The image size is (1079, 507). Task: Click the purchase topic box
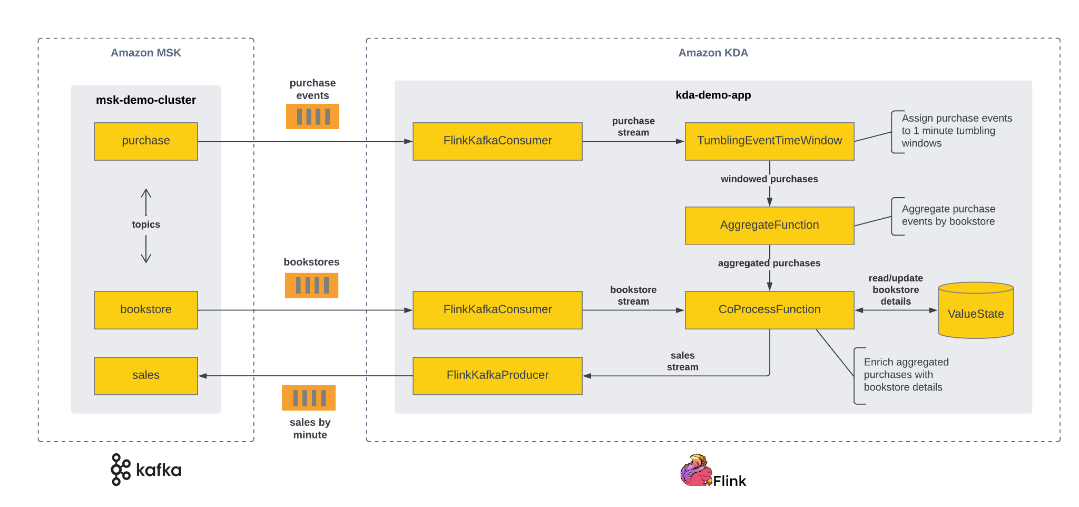click(146, 141)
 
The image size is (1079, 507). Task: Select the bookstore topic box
click(146, 309)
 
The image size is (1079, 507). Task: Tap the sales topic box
click(146, 375)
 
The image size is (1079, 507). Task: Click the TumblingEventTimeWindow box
click(769, 141)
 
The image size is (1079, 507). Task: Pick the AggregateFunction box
click(769, 225)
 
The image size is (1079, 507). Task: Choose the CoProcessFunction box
click(769, 309)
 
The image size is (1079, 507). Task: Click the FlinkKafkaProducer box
click(497, 375)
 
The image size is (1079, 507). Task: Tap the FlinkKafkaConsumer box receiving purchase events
click(497, 141)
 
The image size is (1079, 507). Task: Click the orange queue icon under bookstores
click(311, 285)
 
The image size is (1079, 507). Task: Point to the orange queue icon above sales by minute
click(309, 398)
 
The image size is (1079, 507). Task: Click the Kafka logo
click(146, 470)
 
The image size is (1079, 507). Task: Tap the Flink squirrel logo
click(697, 470)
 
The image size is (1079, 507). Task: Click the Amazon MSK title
click(146, 53)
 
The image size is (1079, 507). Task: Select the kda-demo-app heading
click(713, 95)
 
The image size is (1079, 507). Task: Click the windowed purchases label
click(769, 179)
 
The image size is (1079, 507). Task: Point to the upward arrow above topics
click(146, 201)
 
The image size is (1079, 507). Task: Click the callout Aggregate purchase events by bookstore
click(948, 216)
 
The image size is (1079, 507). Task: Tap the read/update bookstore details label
click(896, 289)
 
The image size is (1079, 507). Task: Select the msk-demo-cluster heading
click(146, 100)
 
